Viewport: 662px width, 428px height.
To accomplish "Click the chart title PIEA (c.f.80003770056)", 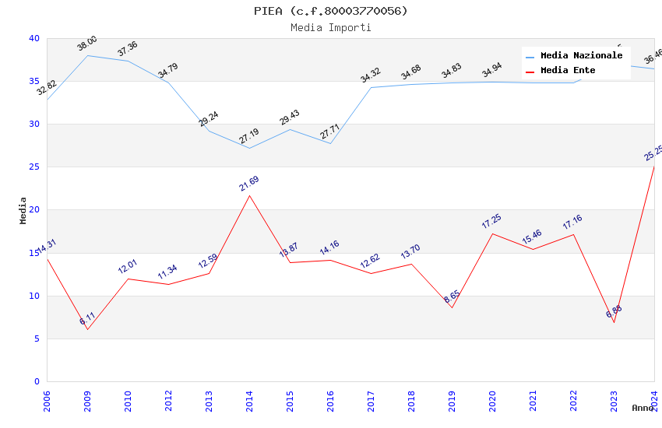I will tap(330, 11).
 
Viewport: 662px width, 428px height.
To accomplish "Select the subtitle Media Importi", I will tap(330, 27).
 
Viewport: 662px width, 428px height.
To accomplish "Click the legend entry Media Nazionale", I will tap(581, 55).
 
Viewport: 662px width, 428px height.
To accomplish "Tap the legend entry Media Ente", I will tap(568, 70).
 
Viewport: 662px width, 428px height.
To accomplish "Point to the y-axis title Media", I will tap(23, 210).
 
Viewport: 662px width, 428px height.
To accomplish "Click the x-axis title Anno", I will tap(643, 408).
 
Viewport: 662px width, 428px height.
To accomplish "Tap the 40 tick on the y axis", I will tap(33, 38).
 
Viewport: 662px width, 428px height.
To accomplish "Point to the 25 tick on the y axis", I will tap(33, 167).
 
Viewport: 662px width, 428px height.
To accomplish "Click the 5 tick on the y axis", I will tap(36, 339).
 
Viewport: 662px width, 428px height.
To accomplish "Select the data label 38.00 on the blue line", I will tap(87, 44).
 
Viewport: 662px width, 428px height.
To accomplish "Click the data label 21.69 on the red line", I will tap(249, 184).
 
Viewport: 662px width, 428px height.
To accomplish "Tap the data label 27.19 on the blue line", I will tap(249, 137).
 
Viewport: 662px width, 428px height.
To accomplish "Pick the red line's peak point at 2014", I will tap(249, 195).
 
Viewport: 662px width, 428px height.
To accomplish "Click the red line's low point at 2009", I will tap(87, 329).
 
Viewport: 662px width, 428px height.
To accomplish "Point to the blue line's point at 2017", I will tap(371, 87).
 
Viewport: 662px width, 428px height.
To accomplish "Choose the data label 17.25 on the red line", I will tap(491, 222).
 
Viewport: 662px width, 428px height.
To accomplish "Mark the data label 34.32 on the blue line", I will tap(371, 75).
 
